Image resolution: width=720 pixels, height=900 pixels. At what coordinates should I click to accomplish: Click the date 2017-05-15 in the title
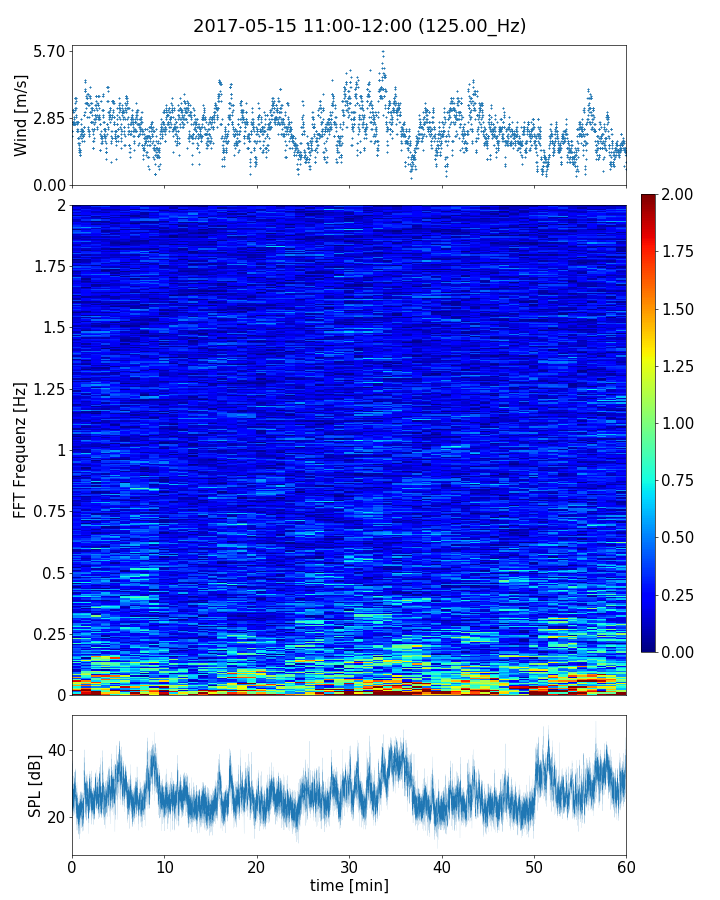pyautogui.click(x=241, y=26)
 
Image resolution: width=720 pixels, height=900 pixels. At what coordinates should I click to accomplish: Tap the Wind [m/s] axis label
pyautogui.click(x=21, y=115)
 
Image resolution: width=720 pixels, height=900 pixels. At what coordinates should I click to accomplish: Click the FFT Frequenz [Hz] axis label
pyautogui.click(x=21, y=450)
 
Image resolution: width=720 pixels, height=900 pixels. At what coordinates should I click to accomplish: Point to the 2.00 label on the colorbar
pyautogui.click(x=679, y=195)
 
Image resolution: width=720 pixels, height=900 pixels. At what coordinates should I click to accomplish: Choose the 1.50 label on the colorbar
pyautogui.click(x=679, y=309)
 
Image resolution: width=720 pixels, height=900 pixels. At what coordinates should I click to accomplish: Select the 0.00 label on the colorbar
pyautogui.click(x=679, y=652)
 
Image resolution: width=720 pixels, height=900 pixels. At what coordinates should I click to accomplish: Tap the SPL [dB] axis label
pyautogui.click(x=35, y=785)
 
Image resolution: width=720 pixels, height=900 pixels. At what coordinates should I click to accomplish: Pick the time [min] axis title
pyautogui.click(x=349, y=885)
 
